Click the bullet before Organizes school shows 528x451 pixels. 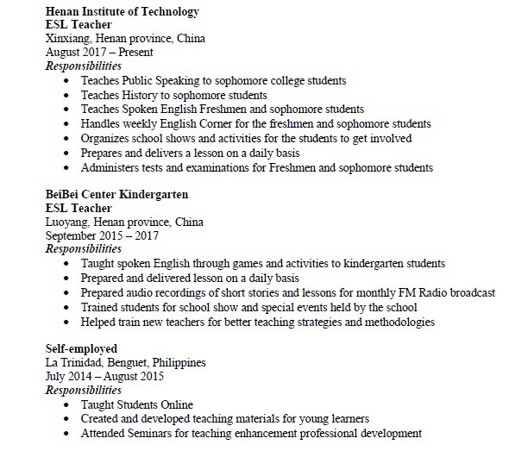pos(68,138)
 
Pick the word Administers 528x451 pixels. pos(110,167)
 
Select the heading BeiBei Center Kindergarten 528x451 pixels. pos(116,194)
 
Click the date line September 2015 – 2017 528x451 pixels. pos(102,235)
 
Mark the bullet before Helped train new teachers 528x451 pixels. pos(68,322)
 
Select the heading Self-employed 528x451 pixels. pos(81,348)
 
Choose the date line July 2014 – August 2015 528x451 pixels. pos(104,376)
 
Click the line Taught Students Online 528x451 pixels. pos(136,404)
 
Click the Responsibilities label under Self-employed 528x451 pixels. pos(84,390)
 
